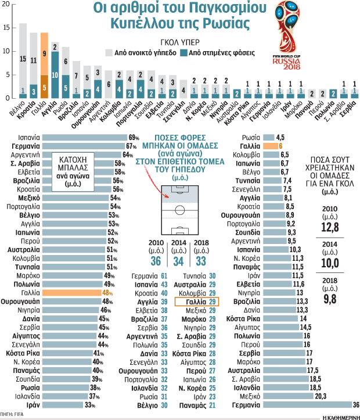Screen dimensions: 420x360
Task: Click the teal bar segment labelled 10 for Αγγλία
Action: pyautogui.click(x=55, y=75)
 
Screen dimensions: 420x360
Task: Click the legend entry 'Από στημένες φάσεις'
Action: pyautogui.click(x=219, y=53)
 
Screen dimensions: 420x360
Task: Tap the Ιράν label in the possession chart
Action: pyautogui.click(x=33, y=405)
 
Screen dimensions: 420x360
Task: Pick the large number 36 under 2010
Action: pyautogui.click(x=156, y=261)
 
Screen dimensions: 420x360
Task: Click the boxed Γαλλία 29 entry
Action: pyautogui.click(x=197, y=302)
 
